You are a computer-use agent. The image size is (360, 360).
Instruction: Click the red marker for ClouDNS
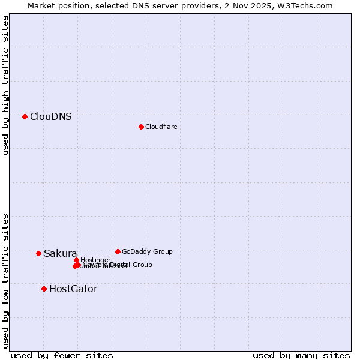[x=25, y=116]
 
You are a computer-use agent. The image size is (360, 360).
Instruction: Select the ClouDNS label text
[x=51, y=117]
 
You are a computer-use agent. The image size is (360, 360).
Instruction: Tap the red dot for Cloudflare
[x=141, y=127]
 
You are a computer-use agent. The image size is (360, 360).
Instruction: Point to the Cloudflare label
[x=161, y=127]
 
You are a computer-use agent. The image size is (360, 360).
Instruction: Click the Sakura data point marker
[x=38, y=253]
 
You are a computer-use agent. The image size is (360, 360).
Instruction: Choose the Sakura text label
[x=60, y=253]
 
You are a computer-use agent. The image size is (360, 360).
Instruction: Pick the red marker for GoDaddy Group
[x=118, y=251]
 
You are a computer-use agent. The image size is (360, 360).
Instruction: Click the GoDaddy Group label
[x=147, y=251]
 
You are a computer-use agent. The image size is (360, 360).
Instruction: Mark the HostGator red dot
[x=44, y=289]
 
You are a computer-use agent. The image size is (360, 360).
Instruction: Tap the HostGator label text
[x=73, y=289]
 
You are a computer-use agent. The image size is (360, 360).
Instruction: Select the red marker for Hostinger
[x=76, y=260]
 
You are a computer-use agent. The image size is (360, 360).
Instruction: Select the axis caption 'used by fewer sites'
[x=62, y=355]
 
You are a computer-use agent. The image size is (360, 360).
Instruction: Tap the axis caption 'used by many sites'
[x=301, y=355]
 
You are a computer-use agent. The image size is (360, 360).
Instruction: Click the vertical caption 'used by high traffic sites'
[x=6, y=85]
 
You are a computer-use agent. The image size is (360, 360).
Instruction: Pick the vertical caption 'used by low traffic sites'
[x=6, y=281]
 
